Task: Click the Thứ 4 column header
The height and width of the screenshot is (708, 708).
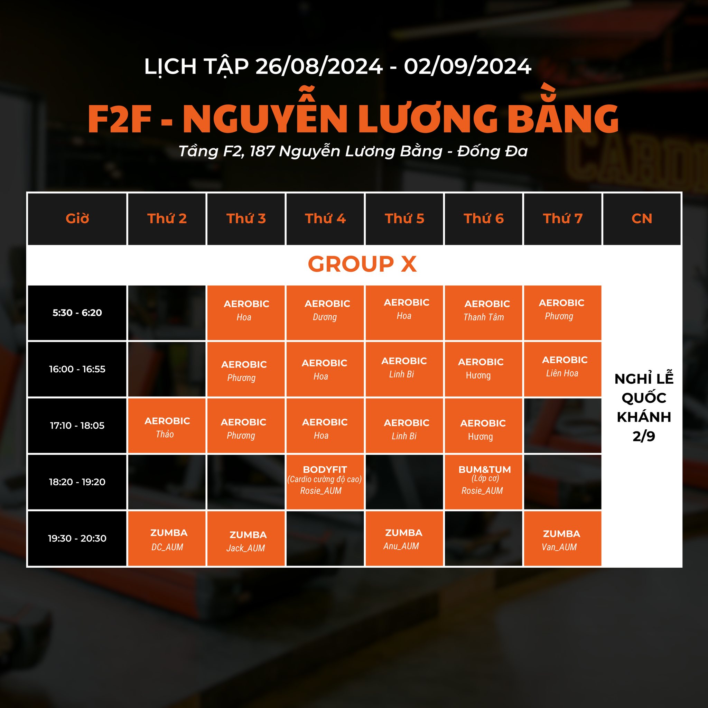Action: pos(325,219)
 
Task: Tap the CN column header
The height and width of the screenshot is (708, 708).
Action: pos(642,219)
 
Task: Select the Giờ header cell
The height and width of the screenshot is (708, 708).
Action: pos(77,219)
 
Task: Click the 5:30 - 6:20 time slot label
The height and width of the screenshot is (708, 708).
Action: pos(77,313)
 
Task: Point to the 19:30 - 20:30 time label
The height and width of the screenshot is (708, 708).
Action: pos(77,538)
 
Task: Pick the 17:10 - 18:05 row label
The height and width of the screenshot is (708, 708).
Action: pos(77,426)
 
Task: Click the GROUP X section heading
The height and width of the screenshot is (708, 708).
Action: pos(362,264)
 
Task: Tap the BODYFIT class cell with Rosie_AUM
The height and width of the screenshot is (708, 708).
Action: pos(325,482)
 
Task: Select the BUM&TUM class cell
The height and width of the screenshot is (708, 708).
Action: pos(483,482)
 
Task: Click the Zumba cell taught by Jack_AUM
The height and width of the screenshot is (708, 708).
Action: pos(246,538)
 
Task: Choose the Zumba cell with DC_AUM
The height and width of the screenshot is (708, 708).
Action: pos(167,538)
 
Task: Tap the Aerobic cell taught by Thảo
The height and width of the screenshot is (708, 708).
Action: pos(167,426)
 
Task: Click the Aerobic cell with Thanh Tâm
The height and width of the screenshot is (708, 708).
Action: pos(483,313)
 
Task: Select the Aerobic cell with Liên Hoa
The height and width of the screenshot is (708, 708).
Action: pos(562,369)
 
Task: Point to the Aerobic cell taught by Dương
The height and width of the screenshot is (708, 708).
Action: pos(325,313)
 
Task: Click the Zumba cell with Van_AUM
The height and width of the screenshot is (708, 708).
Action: pos(562,538)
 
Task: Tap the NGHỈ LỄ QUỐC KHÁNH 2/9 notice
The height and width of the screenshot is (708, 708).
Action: pos(644,408)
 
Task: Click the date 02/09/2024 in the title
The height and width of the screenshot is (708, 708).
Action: pos(468,67)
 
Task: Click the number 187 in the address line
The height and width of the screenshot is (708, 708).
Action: pos(262,151)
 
